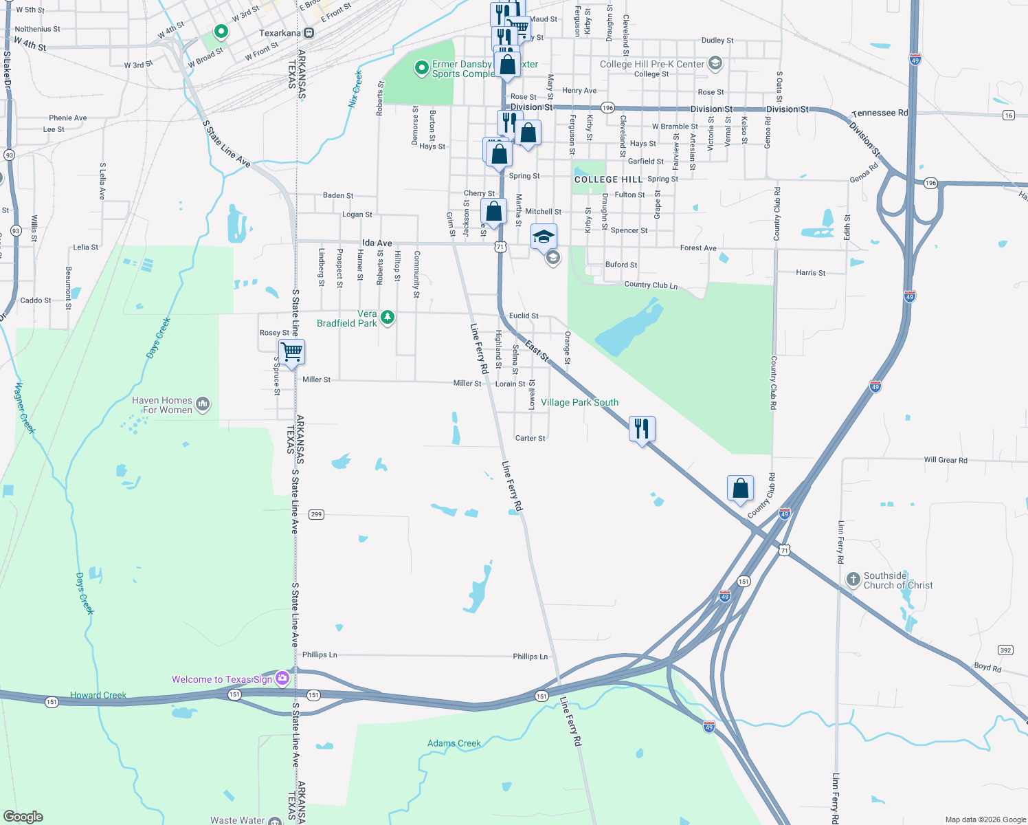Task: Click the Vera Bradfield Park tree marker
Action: (388, 318)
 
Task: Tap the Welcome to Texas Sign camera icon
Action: (282, 679)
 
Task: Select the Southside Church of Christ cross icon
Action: (853, 580)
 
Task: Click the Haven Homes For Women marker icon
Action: (203, 404)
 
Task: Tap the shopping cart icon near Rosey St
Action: (292, 351)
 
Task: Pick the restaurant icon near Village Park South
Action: (642, 428)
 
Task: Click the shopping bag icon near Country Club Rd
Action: (741, 488)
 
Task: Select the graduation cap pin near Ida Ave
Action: (543, 236)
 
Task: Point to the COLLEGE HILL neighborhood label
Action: (608, 179)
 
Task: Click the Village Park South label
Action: (579, 402)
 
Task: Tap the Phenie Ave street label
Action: (68, 118)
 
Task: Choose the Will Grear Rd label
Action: (945, 460)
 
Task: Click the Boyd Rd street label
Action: (987, 667)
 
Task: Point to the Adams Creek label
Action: (454, 743)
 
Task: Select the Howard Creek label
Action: (98, 695)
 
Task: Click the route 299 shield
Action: (316, 514)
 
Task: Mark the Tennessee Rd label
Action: (880, 113)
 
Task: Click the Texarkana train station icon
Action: (309, 33)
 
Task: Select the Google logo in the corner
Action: (23, 817)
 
